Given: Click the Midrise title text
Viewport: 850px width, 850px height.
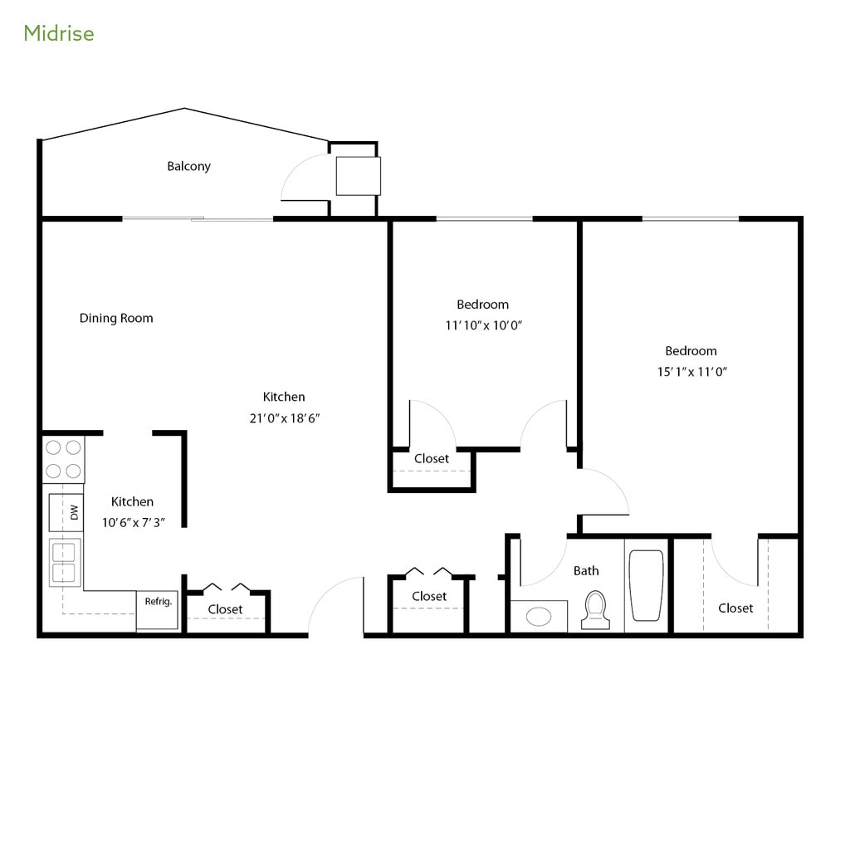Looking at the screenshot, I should tap(58, 33).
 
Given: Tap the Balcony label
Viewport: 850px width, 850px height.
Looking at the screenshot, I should tap(188, 166).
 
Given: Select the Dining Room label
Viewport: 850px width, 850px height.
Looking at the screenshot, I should tap(116, 318).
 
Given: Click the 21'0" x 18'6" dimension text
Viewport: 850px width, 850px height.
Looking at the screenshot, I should tap(285, 418).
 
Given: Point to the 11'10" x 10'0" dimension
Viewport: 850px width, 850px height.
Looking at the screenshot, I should tap(483, 325).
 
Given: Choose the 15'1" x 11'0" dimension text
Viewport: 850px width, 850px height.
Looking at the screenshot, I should tap(691, 372).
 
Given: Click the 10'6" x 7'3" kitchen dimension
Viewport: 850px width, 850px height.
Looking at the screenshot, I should tap(133, 523).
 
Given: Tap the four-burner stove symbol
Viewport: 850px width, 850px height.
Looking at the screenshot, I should tap(63, 459).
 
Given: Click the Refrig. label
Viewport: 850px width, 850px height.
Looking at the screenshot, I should tap(158, 602).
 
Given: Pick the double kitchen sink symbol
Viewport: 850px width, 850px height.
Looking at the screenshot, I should tap(65, 562).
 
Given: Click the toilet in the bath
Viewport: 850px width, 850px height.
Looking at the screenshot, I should tap(594, 610).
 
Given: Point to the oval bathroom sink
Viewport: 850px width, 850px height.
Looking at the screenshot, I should tap(539, 616).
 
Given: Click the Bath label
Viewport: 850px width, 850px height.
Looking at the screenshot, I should tap(586, 570).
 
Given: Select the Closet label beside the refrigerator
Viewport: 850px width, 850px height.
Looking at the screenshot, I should tap(225, 609).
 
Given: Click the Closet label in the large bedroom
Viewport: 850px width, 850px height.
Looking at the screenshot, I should tap(735, 608).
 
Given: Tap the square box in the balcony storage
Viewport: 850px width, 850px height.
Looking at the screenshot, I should tap(358, 176).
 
